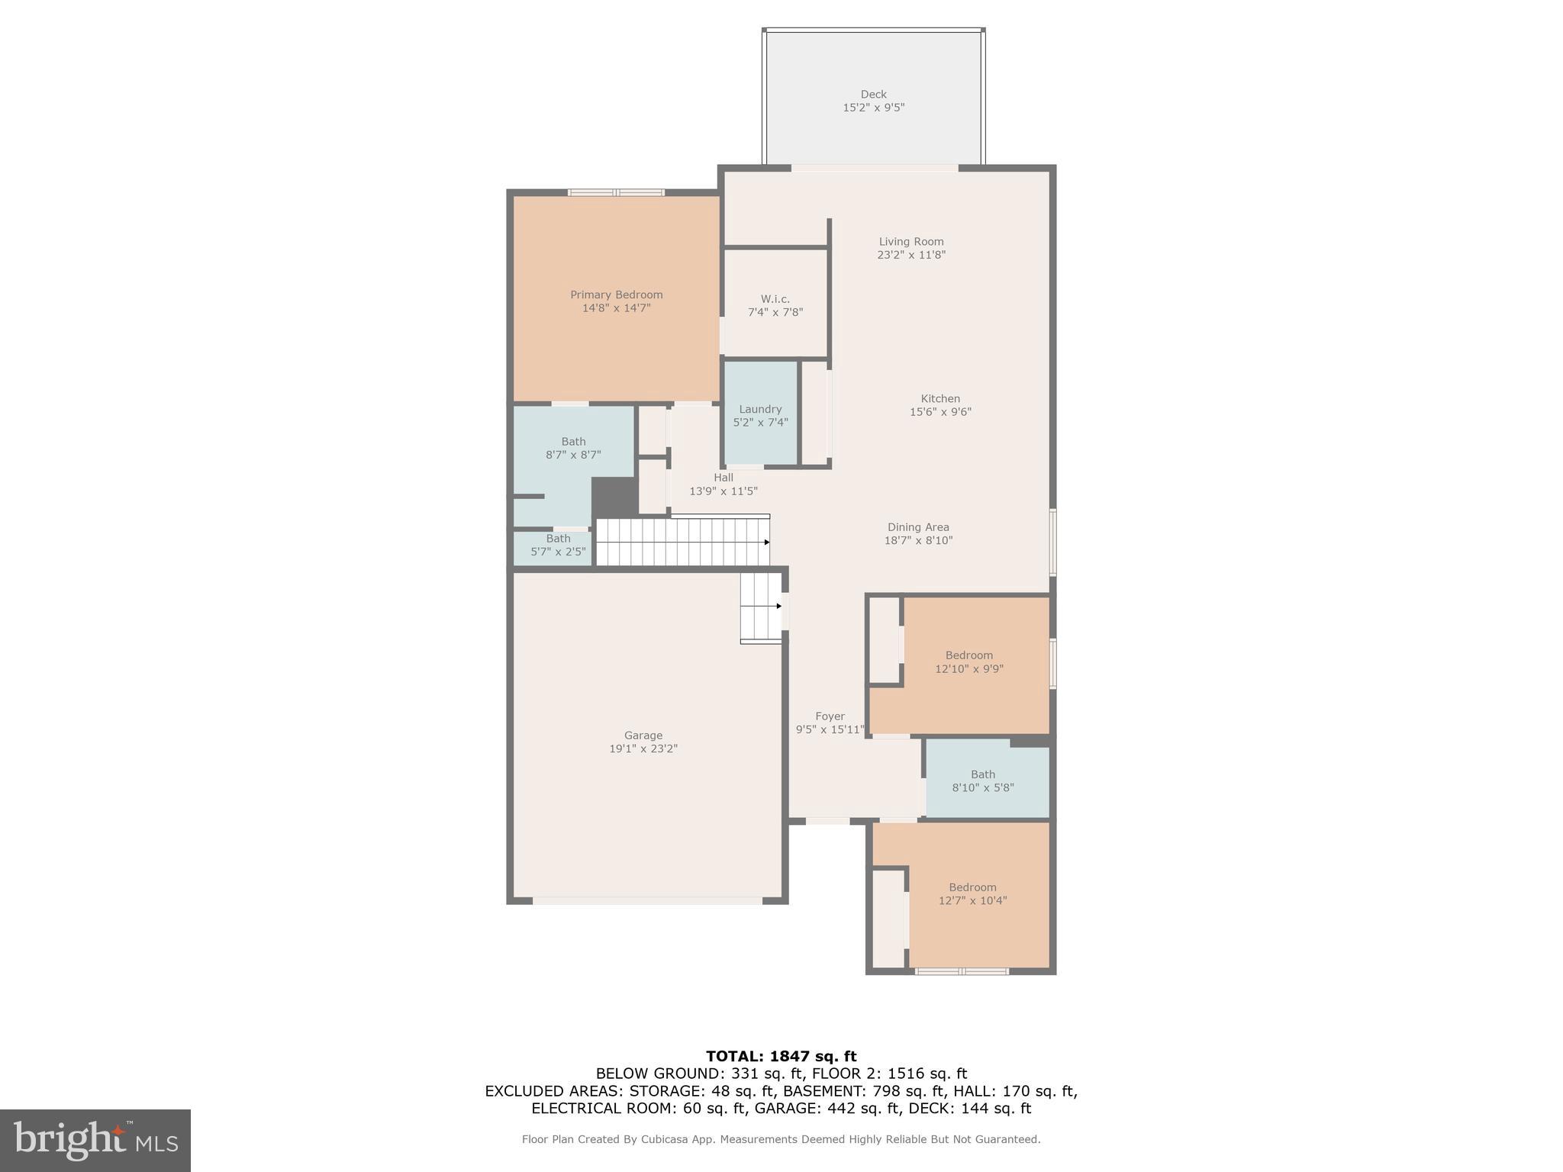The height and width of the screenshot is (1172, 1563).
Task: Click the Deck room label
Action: coord(873,95)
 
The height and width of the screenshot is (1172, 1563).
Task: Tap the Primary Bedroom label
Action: coord(616,295)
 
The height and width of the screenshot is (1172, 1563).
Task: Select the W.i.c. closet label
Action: coord(775,299)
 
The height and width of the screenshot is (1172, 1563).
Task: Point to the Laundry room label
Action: coord(760,409)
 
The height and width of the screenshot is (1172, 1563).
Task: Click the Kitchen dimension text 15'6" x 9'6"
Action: coord(939,412)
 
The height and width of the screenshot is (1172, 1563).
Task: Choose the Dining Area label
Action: coord(918,527)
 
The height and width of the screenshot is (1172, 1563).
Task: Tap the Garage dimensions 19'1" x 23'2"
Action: coord(643,749)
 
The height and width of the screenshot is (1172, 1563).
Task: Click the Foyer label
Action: coord(830,716)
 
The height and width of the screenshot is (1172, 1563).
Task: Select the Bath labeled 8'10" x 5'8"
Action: coord(983,781)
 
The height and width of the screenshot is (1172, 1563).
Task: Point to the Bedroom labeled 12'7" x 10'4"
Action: coord(972,893)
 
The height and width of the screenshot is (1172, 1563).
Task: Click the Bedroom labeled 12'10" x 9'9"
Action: coord(968,662)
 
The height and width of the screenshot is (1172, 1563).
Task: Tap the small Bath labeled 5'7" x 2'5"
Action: coord(558,545)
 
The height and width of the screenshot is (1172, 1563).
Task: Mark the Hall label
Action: coord(723,478)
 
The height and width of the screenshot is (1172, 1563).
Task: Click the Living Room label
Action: coord(910,242)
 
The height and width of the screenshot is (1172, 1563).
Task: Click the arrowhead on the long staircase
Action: coord(766,542)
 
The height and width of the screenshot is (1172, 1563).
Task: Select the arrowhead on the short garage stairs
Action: coord(778,606)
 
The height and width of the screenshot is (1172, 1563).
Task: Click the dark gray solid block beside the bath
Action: coord(614,497)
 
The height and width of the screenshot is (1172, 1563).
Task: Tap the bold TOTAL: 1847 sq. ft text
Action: coord(781,1057)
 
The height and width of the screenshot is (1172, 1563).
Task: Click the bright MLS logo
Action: coord(95,1140)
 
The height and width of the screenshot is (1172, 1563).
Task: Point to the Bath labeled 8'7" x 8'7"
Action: coord(573,448)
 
